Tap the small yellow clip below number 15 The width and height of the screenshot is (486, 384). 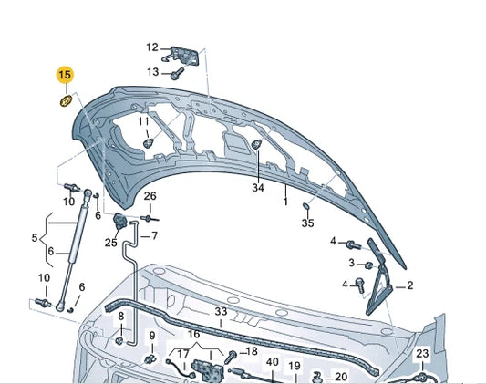click(66, 99)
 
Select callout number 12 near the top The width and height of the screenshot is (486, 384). click(151, 47)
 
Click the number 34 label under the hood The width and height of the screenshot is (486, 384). click(257, 188)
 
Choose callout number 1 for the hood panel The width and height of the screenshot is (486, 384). click(284, 201)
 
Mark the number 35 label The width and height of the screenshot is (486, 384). click(307, 223)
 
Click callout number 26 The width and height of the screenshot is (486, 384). click(150, 196)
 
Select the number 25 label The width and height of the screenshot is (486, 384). click(110, 243)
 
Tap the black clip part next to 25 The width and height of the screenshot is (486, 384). click(119, 223)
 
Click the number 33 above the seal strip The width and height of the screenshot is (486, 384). click(221, 312)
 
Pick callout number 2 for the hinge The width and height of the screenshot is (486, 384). click(410, 285)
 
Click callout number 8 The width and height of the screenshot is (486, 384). click(120, 316)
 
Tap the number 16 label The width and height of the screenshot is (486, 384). click(193, 335)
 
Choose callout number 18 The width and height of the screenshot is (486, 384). click(252, 351)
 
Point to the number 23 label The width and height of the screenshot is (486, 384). click(422, 353)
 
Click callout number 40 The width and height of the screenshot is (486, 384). click(272, 362)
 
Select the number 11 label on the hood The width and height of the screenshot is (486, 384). click(143, 121)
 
